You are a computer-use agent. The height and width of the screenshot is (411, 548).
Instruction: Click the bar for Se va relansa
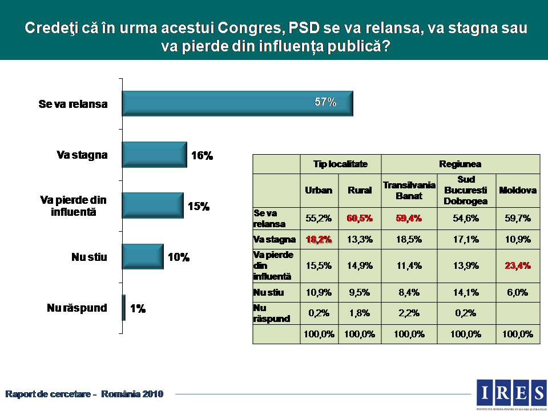[237, 103]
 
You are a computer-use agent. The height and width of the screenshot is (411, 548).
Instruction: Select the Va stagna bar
[154, 155]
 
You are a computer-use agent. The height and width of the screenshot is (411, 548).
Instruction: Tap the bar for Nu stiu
[143, 257]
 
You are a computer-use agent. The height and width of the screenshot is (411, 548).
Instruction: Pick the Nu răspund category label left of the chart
[77, 308]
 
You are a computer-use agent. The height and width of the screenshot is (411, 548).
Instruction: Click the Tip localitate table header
[340, 164]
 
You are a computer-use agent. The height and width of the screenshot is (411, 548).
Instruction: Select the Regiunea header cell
[460, 164]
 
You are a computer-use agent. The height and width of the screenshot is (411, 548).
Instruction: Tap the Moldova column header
[518, 190]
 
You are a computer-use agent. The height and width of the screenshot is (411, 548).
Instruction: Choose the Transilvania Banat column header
[409, 190]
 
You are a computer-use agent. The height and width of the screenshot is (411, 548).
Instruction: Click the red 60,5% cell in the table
[360, 217]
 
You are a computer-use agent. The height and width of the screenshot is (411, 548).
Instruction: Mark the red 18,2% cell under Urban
[319, 239]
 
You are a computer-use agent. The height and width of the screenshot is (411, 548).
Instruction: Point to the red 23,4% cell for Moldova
[518, 265]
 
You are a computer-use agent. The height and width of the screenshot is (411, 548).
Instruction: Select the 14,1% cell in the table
[466, 293]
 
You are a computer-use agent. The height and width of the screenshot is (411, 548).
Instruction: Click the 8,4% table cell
[409, 293]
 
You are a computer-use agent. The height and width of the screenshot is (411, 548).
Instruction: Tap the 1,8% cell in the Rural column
[360, 313]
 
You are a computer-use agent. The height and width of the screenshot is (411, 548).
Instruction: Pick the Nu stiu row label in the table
[269, 293]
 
